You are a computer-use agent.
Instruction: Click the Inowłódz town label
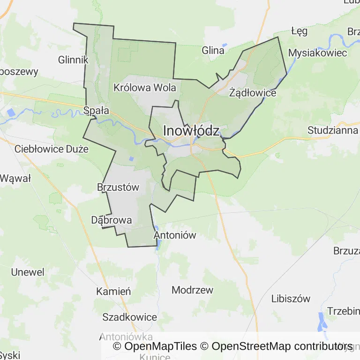tap(191, 131)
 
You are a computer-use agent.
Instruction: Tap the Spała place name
tap(96, 111)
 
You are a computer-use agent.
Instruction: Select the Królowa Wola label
tap(145, 88)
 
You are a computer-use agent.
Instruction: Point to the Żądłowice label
tap(253, 92)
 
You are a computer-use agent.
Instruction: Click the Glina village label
tap(213, 51)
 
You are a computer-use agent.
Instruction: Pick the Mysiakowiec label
tap(317, 52)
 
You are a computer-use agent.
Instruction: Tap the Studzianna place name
tap(333, 130)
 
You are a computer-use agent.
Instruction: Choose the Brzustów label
tap(118, 187)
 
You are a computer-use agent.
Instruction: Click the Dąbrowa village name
tap(112, 220)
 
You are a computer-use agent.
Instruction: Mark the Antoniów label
tap(175, 235)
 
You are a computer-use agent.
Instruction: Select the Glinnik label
tap(73, 60)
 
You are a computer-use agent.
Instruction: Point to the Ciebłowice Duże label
tap(52, 149)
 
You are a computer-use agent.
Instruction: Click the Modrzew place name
tap(192, 290)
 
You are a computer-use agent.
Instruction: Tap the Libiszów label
tap(291, 299)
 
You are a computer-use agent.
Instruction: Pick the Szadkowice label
tap(129, 317)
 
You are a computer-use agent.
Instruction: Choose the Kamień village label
tap(113, 292)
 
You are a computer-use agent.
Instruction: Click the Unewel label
tap(28, 272)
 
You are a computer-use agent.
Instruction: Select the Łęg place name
tap(299, 31)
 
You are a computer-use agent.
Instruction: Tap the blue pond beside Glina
tap(224, 45)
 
